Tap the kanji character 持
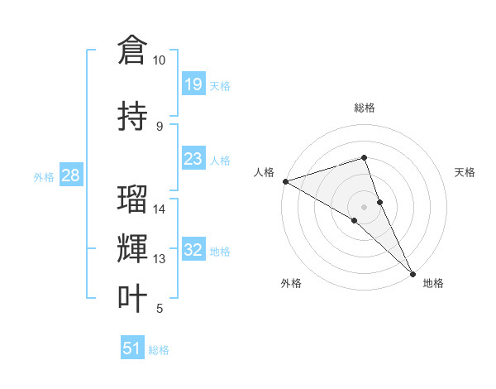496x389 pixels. pyautogui.click(x=132, y=116)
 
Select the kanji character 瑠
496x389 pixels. pyautogui.click(x=132, y=199)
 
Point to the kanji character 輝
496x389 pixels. pyautogui.click(x=132, y=248)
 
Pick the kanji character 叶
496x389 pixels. pyautogui.click(x=132, y=298)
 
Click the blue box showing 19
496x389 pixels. pyautogui.click(x=193, y=84)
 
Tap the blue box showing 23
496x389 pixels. pyautogui.click(x=193, y=159)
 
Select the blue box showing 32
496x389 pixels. pyautogui.click(x=193, y=251)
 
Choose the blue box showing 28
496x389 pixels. pyautogui.click(x=70, y=175)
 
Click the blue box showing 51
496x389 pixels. pyautogui.click(x=131, y=348)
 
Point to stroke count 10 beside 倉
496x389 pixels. pyautogui.click(x=159, y=60)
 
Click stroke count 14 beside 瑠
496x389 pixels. pyautogui.click(x=159, y=209)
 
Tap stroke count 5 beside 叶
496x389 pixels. pyautogui.click(x=159, y=309)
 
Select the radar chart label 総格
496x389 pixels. pyautogui.click(x=365, y=108)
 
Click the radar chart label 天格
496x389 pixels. pyautogui.click(x=465, y=172)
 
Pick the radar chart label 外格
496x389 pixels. pyautogui.click(x=291, y=284)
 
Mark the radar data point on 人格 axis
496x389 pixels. pyautogui.click(x=285, y=180)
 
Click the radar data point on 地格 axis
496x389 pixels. pyautogui.click(x=413, y=272)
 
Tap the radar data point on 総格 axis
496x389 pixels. pyautogui.click(x=365, y=157)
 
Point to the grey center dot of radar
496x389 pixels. pyautogui.click(x=365, y=206)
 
